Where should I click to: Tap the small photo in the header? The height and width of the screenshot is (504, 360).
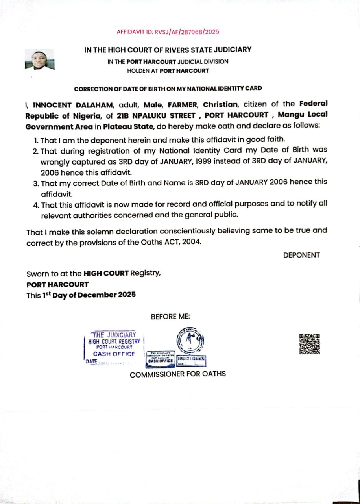39,59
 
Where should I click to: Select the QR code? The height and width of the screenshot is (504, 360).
310,344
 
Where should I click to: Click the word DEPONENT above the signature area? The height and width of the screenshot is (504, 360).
301,255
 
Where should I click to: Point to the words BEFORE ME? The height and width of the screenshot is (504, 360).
170,317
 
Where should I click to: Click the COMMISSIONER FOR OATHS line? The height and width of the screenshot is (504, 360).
178,374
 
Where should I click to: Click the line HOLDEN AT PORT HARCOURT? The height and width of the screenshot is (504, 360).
168,71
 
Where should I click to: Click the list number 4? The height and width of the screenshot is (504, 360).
36,205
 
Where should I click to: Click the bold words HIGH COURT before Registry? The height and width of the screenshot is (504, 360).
106,274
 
